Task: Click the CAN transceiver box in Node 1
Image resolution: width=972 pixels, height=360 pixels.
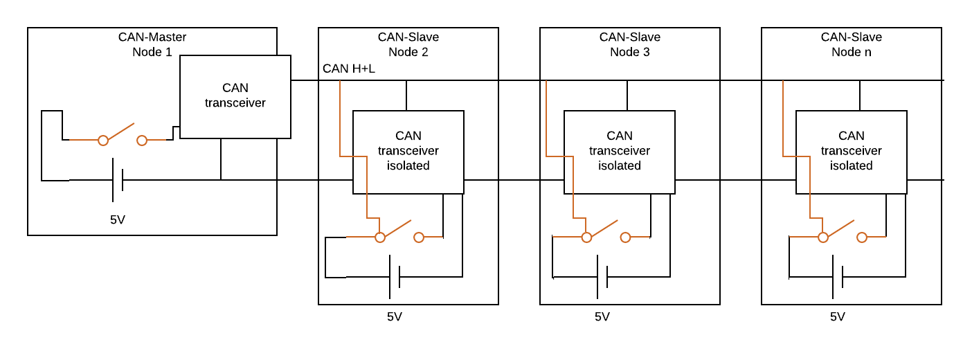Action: [235, 96]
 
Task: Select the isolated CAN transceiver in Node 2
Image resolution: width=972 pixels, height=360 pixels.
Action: [408, 152]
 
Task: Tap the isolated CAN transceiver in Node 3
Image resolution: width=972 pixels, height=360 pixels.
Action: [619, 152]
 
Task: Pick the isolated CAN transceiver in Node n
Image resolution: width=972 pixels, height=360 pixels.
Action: [851, 152]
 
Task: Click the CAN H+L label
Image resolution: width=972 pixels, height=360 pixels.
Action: [348, 69]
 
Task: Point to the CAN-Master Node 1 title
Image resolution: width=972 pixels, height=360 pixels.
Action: [152, 44]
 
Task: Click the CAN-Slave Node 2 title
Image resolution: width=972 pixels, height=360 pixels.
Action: [408, 44]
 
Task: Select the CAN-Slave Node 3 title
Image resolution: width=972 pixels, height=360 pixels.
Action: [629, 44]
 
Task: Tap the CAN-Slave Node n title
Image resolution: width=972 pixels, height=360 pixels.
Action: [851, 44]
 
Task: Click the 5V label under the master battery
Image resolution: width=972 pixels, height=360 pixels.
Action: [118, 220]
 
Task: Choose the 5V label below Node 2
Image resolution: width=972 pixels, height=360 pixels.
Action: [395, 317]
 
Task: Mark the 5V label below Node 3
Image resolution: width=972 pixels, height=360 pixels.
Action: [602, 317]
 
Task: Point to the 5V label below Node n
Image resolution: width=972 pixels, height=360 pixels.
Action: [838, 317]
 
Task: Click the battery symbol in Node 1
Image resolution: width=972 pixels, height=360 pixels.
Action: [118, 180]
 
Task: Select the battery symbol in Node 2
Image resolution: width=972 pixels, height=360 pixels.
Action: [395, 277]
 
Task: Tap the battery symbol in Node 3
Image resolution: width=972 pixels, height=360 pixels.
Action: [602, 277]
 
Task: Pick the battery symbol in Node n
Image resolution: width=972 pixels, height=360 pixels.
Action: [838, 277]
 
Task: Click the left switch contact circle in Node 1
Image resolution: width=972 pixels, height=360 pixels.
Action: [103, 141]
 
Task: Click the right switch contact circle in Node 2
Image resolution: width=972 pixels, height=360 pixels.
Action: [419, 237]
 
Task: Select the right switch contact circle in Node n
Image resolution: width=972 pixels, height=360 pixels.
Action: [862, 237]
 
